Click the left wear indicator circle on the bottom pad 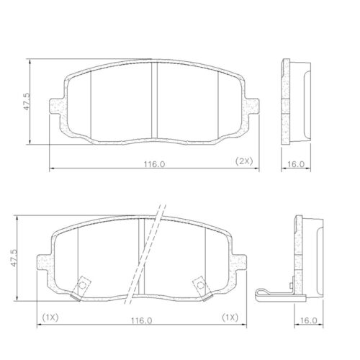coord(82,287)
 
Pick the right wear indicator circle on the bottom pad coord(199,287)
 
